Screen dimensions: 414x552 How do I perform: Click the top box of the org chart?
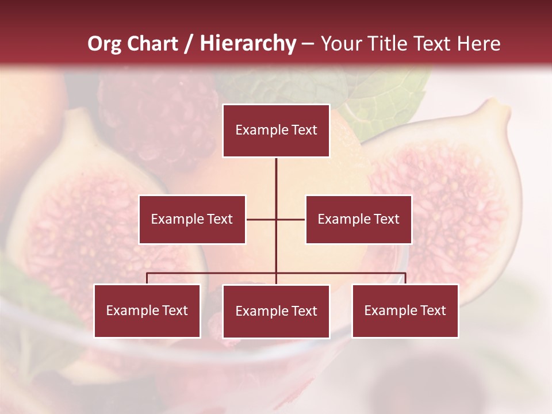(276, 131)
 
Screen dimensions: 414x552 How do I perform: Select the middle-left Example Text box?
(192, 219)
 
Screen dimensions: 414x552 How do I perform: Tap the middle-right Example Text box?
(358, 219)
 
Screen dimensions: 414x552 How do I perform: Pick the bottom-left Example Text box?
(147, 310)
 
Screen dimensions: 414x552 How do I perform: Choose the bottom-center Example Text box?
(276, 311)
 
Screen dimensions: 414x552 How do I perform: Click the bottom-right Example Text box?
(405, 310)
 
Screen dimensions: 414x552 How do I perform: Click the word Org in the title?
(105, 44)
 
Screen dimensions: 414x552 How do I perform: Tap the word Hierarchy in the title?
(248, 44)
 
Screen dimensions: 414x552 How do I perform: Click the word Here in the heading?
(478, 44)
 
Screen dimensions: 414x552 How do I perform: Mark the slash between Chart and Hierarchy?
(189, 44)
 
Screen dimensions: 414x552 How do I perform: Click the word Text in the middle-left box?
(220, 219)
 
